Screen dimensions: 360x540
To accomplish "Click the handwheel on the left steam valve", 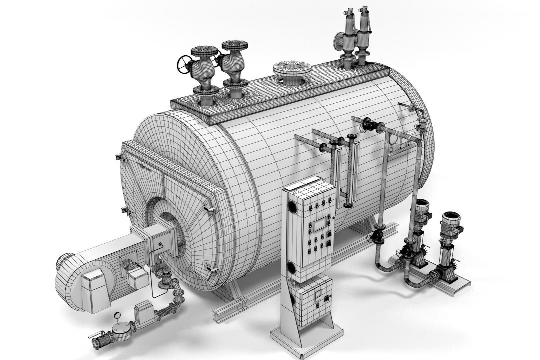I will [184, 65].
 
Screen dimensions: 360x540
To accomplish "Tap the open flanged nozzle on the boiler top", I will [292, 69].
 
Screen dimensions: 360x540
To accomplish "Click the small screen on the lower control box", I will [318, 295].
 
